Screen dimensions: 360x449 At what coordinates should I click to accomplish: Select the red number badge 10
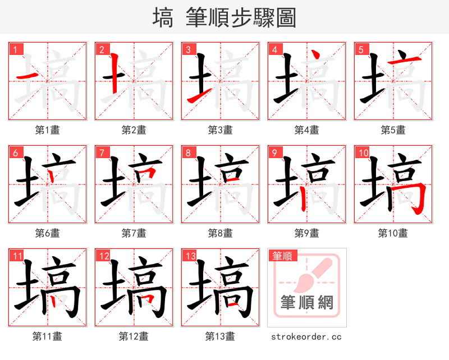pyautogui.click(x=363, y=153)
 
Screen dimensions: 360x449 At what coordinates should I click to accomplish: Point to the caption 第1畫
pyautogui.click(x=48, y=130)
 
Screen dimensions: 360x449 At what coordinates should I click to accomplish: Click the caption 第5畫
pyautogui.click(x=393, y=130)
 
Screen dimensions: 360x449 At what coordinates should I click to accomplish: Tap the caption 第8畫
pyautogui.click(x=220, y=233)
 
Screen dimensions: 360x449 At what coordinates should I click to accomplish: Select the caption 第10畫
pyautogui.click(x=393, y=233)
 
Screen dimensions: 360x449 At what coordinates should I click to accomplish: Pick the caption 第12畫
pyautogui.click(x=134, y=336)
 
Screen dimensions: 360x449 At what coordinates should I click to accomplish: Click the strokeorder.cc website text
pyautogui.click(x=306, y=336)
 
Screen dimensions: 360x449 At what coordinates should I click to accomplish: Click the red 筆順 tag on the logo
pyautogui.click(x=282, y=256)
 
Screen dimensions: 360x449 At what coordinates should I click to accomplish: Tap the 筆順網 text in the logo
pyautogui.click(x=306, y=303)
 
